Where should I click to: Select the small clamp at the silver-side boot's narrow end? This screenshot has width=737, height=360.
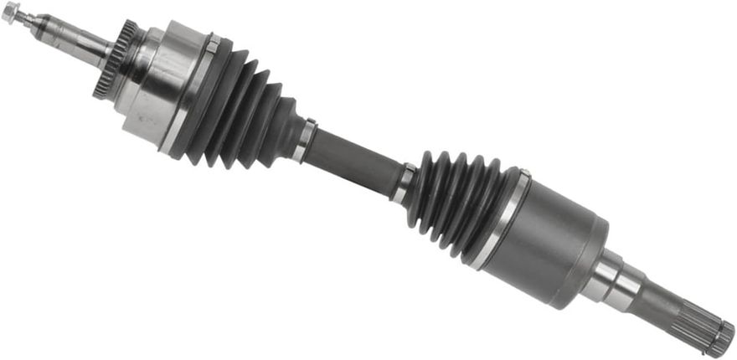305,141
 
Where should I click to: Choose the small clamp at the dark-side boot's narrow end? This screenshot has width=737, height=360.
404,183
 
